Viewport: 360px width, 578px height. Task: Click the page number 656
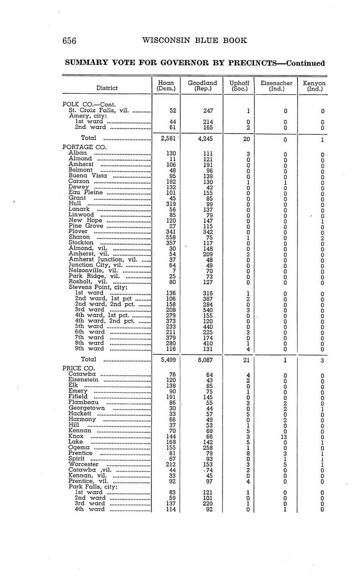[x=69, y=41]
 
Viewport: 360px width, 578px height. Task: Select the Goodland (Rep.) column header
[x=202, y=86]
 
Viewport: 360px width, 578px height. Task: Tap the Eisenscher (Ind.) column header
[x=276, y=86]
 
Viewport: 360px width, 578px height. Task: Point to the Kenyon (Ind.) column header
[x=314, y=86]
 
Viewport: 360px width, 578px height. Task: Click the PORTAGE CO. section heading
[x=84, y=147]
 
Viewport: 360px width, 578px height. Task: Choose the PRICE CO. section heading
[x=79, y=368]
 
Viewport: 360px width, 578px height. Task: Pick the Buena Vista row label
[x=88, y=175]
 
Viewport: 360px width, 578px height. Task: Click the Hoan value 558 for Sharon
[x=171, y=237]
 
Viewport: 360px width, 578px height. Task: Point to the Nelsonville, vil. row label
[x=87, y=271]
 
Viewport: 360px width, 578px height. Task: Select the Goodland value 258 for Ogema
[x=207, y=447]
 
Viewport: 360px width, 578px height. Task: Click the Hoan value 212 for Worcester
[x=171, y=464]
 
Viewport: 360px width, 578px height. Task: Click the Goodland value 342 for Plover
[x=207, y=231]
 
